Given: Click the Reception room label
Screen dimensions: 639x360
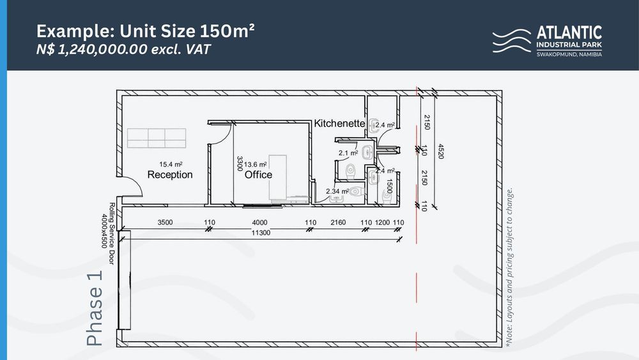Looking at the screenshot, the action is (x=170, y=175).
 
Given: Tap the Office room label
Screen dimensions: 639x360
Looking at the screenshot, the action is (x=258, y=175).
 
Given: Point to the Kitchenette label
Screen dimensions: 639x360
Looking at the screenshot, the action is (x=339, y=123).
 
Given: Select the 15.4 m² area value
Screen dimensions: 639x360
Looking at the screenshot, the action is (x=171, y=164).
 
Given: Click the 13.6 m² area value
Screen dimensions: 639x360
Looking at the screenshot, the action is (x=255, y=164).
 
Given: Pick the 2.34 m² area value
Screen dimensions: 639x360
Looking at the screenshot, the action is (x=337, y=191).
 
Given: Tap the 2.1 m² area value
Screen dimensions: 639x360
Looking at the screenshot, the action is (x=348, y=153).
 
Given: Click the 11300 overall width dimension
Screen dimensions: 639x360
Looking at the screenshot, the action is (x=261, y=233).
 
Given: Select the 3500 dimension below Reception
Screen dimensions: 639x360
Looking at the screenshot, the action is (x=165, y=223).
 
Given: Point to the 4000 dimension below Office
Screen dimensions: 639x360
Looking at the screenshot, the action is (x=259, y=223).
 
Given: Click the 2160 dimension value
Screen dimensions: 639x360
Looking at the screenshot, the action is (x=338, y=223).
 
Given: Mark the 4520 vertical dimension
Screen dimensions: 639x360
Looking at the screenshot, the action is (x=440, y=151).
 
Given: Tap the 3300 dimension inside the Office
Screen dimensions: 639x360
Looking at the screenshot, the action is (x=240, y=164).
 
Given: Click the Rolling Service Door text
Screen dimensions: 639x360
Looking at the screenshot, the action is (x=112, y=233).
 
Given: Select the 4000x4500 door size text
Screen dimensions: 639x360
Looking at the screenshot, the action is (x=104, y=231).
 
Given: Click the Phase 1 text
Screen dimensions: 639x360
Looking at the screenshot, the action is (x=95, y=309).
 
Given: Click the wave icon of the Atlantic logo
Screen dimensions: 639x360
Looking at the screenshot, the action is (x=512, y=41).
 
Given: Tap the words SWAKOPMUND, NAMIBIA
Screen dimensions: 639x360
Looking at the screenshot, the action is (x=569, y=54).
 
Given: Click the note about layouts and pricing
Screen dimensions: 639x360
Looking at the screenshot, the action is (x=509, y=267).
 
